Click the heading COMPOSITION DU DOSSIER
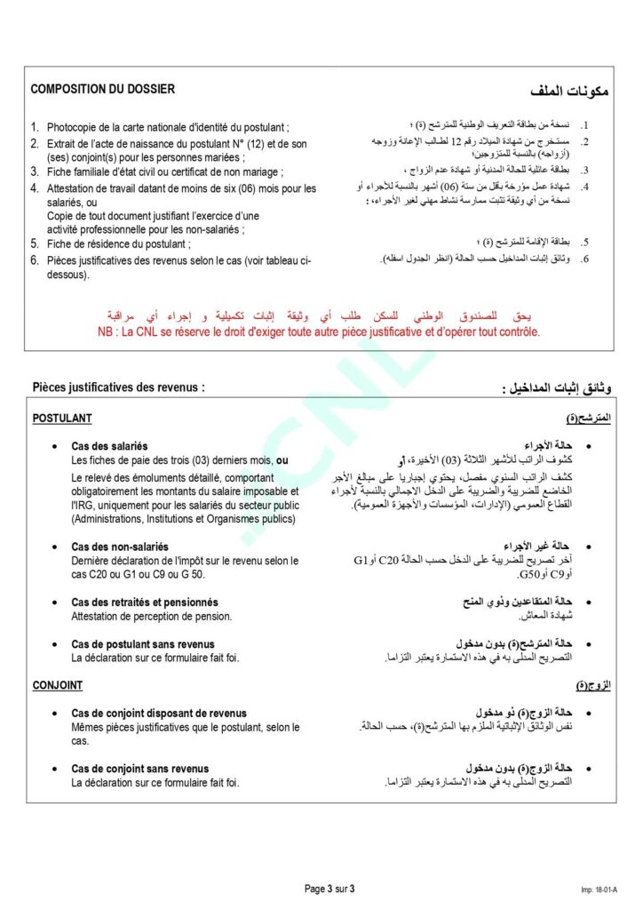103,89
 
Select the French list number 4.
35,188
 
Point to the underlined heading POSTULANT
61,418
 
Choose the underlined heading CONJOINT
58,685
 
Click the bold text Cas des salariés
109,446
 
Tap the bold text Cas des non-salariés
120,547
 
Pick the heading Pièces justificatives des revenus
118,387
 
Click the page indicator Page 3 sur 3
329,889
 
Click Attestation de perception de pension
151,616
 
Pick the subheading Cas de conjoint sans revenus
140,769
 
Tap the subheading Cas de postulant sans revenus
143,644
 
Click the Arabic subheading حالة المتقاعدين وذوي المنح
516,603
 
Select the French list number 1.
35,128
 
